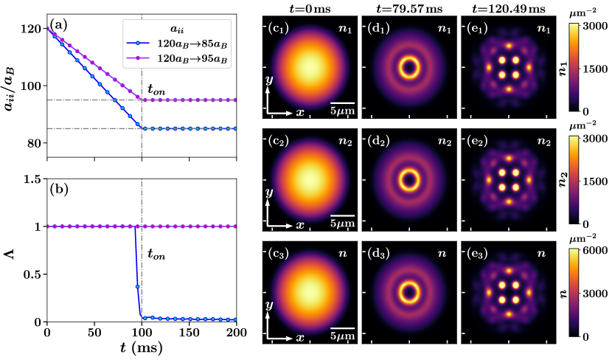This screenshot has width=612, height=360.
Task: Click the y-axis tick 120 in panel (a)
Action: pyautogui.click(x=34, y=30)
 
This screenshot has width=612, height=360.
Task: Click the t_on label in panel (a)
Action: pyautogui.click(x=156, y=90)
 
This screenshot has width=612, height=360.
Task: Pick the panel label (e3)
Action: pyautogui.click(x=474, y=255)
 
